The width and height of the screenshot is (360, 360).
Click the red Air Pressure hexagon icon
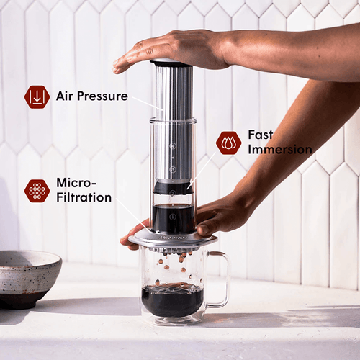pyautogui.click(x=37, y=96)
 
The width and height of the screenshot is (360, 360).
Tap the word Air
pyautogui.click(x=67, y=96)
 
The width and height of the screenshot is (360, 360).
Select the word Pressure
pyautogui.click(x=104, y=96)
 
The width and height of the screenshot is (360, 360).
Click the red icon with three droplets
pyautogui.click(x=228, y=143)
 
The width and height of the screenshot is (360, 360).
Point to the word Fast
pyautogui.click(x=260, y=135)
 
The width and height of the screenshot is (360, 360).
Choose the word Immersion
pyautogui.click(x=280, y=150)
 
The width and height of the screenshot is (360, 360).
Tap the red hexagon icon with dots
pyautogui.click(x=37, y=190)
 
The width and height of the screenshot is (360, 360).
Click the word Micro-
pyautogui.click(x=75, y=182)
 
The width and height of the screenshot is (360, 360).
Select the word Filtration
pyautogui.click(x=84, y=197)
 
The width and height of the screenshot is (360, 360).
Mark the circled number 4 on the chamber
pyautogui.click(x=173, y=144)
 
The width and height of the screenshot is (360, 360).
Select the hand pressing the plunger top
pyautogui.click(x=173, y=49)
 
